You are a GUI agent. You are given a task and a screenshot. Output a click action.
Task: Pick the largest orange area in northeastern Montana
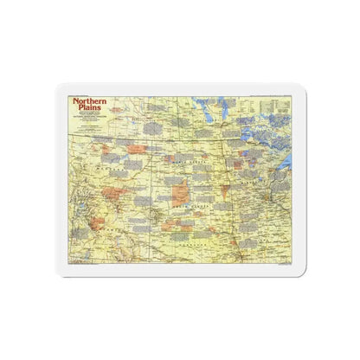[x=137, y=150]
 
